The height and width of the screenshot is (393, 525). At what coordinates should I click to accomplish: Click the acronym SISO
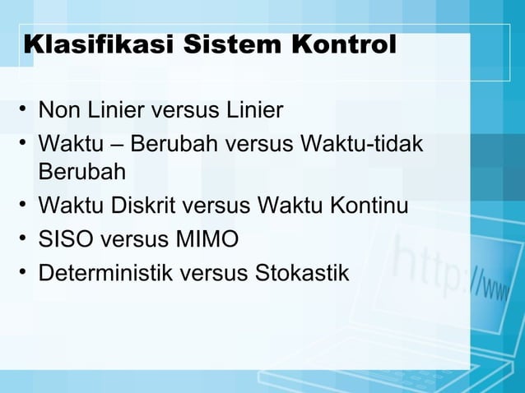[x=63, y=240]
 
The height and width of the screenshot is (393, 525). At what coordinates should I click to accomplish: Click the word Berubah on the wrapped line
[x=81, y=173]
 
